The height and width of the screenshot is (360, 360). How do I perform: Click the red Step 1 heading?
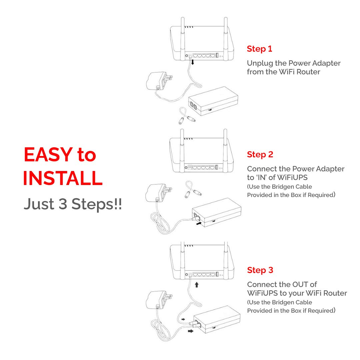tap(259, 49)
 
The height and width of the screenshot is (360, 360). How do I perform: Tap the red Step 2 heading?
tap(260, 155)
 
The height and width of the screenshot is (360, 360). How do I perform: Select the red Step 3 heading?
tap(260, 270)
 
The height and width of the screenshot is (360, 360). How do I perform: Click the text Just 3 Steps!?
tap(72, 204)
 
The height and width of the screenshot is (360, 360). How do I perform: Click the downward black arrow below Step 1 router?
tap(193, 62)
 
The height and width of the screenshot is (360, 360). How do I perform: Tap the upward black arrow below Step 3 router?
tap(197, 285)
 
